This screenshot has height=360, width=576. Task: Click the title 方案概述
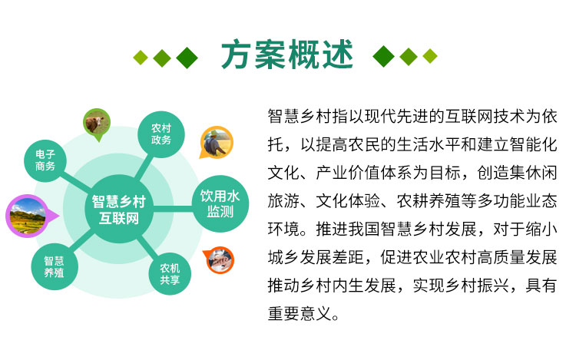click(x=287, y=55)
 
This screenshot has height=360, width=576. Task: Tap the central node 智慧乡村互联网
click(x=118, y=210)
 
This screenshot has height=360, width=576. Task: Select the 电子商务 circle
click(x=45, y=160)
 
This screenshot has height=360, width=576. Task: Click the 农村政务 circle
click(x=161, y=134)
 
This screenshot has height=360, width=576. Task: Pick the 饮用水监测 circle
click(x=220, y=203)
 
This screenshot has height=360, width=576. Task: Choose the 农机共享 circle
click(x=170, y=274)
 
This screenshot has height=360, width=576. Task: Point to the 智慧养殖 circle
click(x=54, y=267)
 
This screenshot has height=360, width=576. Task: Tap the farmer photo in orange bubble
click(x=217, y=143)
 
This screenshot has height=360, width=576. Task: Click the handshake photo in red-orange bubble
click(x=219, y=260)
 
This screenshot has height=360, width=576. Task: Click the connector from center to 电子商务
click(x=76, y=181)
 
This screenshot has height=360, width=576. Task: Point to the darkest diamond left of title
click(x=187, y=58)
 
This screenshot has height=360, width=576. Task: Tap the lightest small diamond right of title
click(x=430, y=56)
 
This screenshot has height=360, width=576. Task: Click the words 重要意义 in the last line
click(x=300, y=314)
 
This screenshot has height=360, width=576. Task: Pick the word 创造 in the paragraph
click(x=492, y=173)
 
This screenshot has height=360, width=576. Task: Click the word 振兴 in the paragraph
click(x=493, y=286)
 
